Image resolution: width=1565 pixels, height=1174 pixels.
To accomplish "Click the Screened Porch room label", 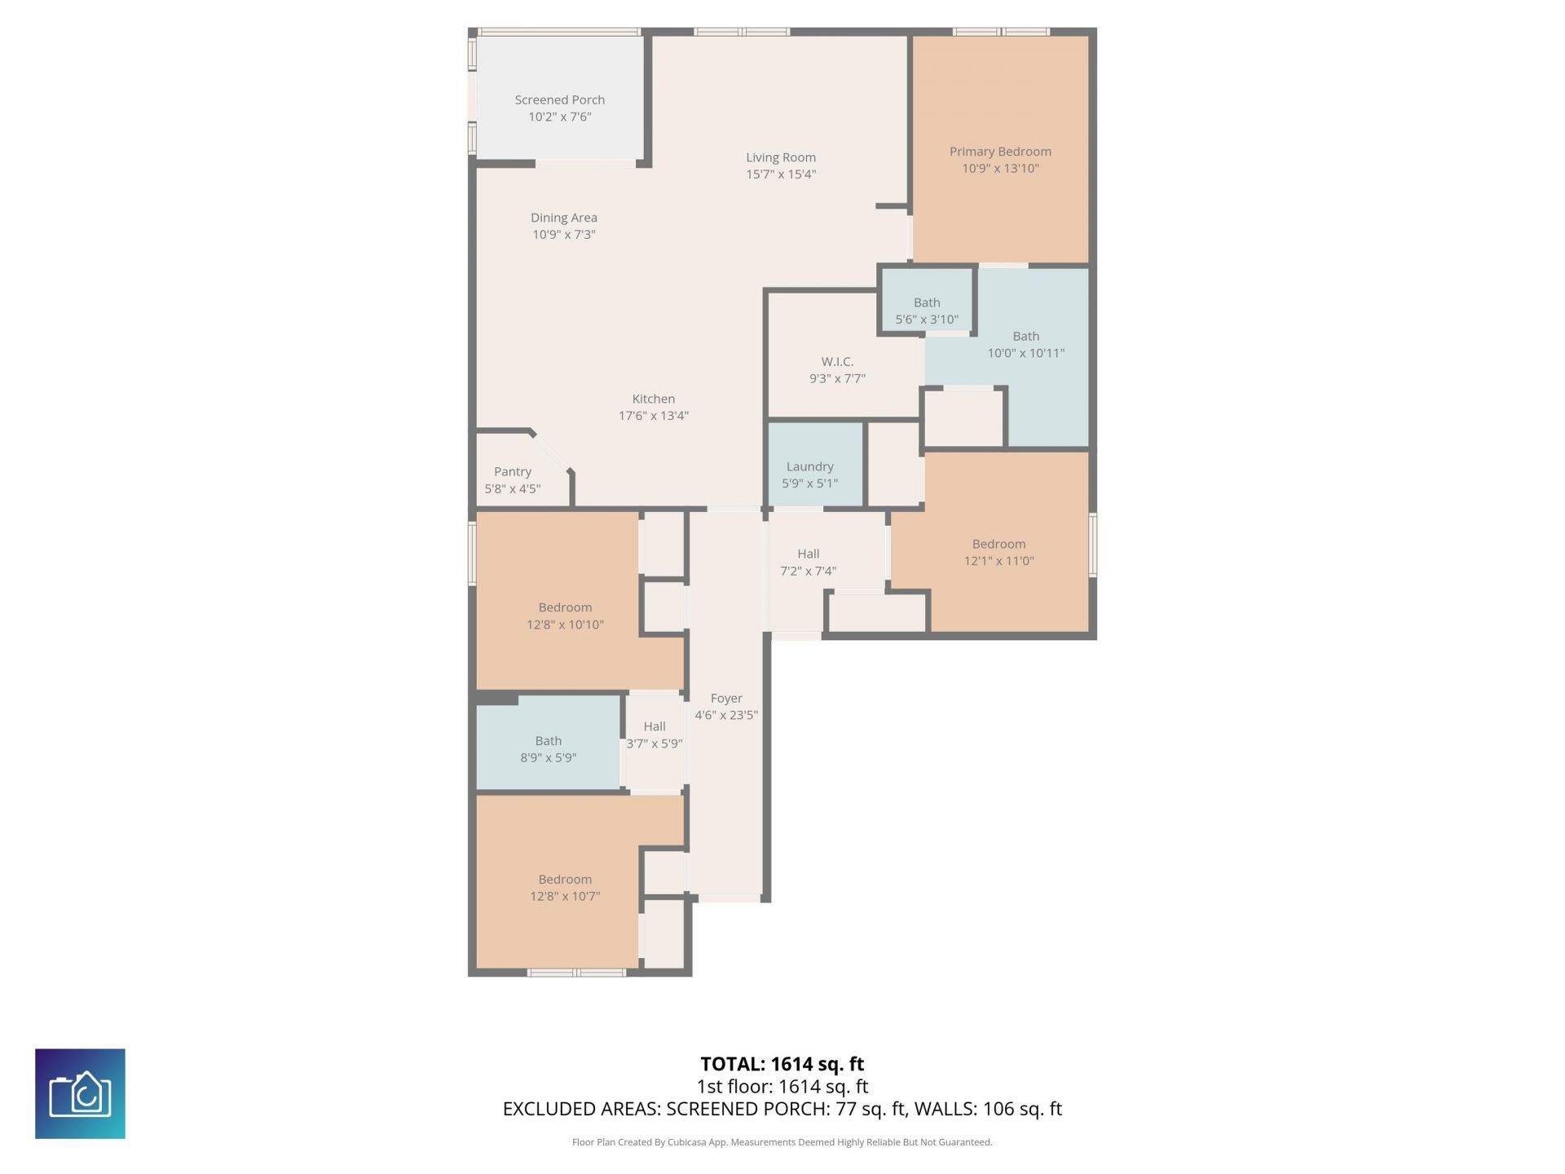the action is (559, 99).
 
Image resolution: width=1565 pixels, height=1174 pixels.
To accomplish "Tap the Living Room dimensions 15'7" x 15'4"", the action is (781, 174).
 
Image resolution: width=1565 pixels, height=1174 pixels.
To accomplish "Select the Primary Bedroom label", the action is (1000, 152).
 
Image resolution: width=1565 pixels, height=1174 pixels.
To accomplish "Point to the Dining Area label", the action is (564, 218).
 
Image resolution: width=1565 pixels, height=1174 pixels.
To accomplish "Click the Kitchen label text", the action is (654, 399).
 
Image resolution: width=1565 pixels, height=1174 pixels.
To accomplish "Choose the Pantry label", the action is (513, 472).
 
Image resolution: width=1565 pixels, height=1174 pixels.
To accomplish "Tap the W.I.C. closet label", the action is (837, 361).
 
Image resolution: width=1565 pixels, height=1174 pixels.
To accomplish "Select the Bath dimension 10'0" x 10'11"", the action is (1026, 353).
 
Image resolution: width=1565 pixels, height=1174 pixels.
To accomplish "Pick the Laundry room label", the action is (809, 466).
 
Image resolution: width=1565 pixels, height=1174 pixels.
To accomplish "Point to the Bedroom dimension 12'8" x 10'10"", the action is (565, 625).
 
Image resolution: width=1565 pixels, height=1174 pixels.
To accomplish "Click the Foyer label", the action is (726, 699).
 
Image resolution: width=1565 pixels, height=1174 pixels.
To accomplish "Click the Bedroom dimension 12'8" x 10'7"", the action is (565, 896).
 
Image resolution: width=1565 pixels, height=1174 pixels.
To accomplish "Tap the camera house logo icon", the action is (80, 1093).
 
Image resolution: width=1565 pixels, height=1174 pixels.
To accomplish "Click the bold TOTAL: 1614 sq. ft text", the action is (782, 1064).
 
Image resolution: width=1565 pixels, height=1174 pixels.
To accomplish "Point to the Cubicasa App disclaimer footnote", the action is (782, 1142).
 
